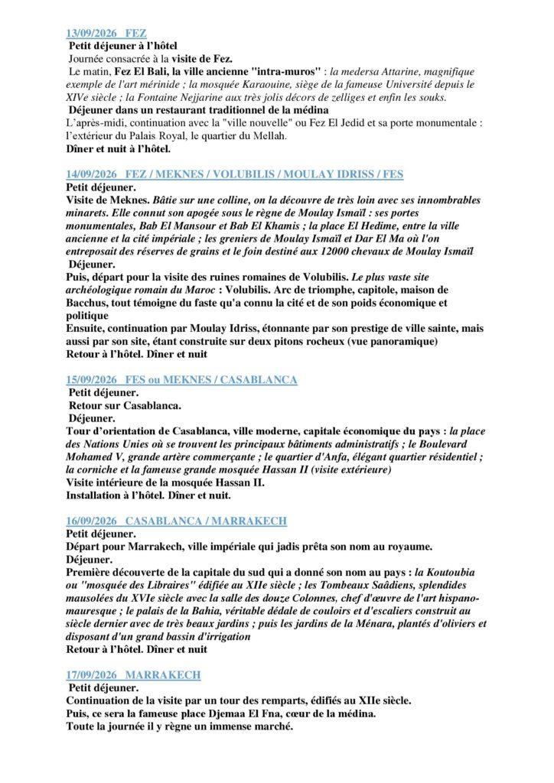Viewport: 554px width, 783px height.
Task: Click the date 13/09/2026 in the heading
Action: pos(90,34)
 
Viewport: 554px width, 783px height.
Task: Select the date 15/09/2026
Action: pos(90,380)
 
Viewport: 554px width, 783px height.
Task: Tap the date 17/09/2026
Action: pos(90,675)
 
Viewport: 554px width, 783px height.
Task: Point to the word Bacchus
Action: pos(88,303)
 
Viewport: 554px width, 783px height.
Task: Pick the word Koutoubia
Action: pos(451,572)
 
